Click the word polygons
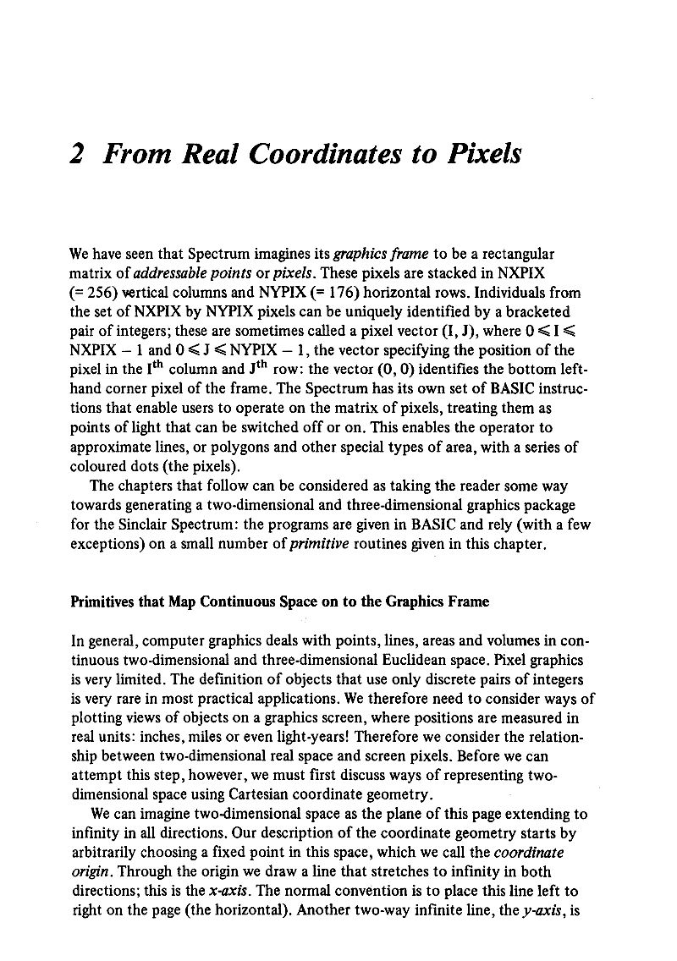(212, 448)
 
